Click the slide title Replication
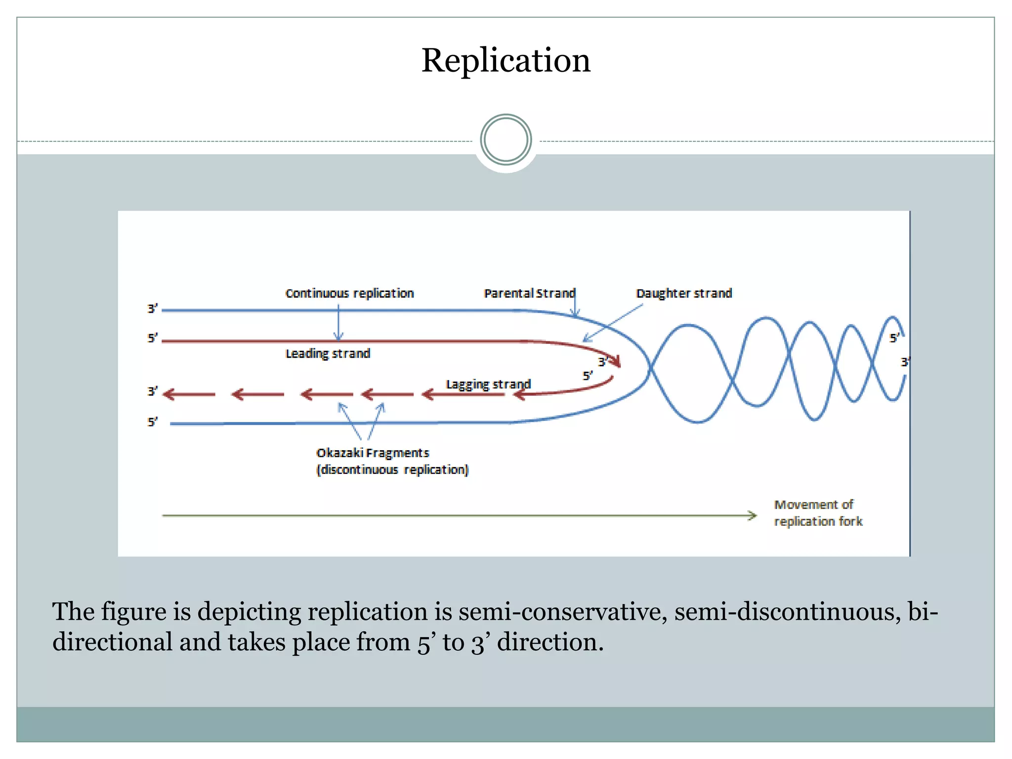click(x=506, y=60)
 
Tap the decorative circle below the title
click(x=506, y=140)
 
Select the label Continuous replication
click(x=349, y=294)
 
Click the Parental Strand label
click(x=529, y=294)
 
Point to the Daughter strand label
click(x=683, y=294)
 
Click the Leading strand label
click(x=328, y=354)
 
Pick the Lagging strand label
click(x=488, y=384)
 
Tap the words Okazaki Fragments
click(x=373, y=453)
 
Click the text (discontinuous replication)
click(x=392, y=469)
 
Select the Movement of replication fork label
click(x=818, y=513)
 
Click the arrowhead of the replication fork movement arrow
click(x=752, y=516)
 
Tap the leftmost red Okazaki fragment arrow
click(x=189, y=394)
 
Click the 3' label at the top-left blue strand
click(x=152, y=309)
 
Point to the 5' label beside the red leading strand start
click(x=152, y=338)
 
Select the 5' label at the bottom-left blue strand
click(x=152, y=422)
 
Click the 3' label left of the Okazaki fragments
click(x=152, y=392)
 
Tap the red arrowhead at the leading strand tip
click(x=616, y=362)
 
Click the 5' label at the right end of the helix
click(x=894, y=338)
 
